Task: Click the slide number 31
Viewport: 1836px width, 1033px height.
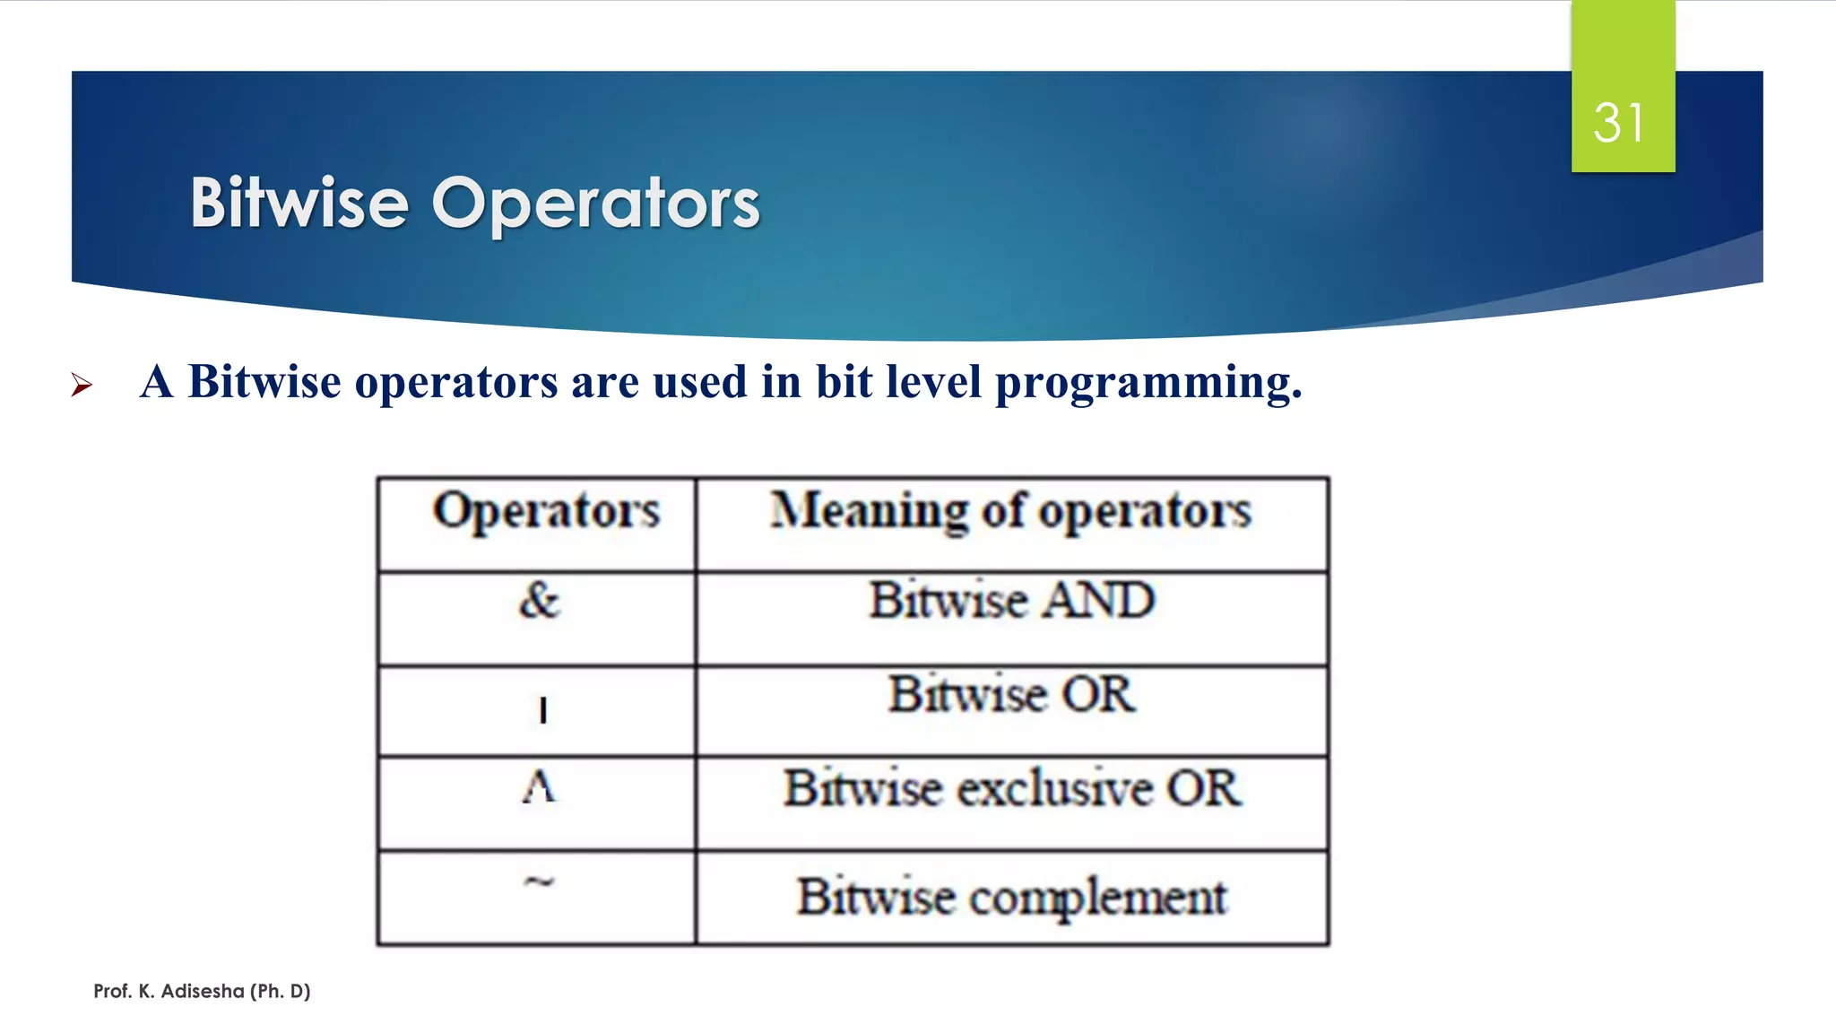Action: (1619, 123)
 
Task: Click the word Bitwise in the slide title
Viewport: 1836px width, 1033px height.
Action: (299, 204)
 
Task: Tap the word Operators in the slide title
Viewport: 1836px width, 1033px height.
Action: (595, 204)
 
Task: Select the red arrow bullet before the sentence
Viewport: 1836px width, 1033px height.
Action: (82, 386)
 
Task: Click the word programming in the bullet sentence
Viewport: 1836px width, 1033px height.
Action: (1148, 383)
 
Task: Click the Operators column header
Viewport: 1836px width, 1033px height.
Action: (546, 512)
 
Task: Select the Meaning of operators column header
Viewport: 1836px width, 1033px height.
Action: (1011, 512)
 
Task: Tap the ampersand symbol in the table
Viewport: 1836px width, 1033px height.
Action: (539, 600)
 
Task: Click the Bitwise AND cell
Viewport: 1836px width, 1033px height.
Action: (1011, 600)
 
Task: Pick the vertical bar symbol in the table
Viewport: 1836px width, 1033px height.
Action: (542, 710)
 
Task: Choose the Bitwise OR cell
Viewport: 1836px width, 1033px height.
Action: (1011, 694)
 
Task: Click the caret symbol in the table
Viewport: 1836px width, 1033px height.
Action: (539, 787)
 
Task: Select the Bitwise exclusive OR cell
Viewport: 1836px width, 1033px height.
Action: (1011, 788)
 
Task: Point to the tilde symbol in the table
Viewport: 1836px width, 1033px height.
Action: (539, 882)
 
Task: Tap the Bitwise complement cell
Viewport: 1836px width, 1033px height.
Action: (1011, 897)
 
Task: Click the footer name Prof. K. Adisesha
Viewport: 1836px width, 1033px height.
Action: (202, 991)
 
